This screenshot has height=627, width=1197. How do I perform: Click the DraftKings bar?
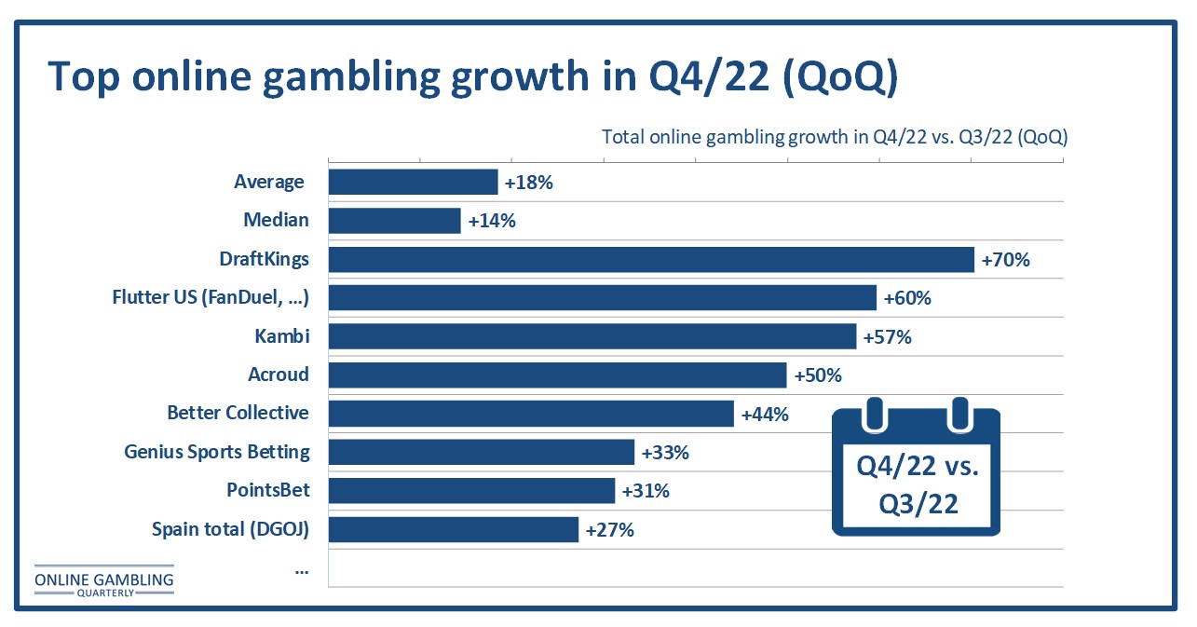[651, 259]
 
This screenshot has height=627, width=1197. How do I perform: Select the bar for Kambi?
[592, 336]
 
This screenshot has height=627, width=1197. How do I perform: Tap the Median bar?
[395, 221]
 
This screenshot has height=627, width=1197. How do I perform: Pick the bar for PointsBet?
[472, 490]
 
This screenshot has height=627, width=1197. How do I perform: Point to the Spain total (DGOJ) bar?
[454, 529]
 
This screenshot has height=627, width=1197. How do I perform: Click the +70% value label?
[1006, 260]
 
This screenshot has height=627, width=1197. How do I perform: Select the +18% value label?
[529, 183]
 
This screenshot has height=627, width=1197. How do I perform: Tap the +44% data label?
[765, 415]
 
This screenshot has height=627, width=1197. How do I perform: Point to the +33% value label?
[665, 454]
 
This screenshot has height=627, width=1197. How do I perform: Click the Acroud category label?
[278, 375]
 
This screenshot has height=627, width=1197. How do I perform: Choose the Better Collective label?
[238, 413]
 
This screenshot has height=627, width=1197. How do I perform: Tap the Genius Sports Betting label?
[217, 452]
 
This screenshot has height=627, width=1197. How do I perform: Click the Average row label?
[269, 182]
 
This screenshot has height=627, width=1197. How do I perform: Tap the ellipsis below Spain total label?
[301, 570]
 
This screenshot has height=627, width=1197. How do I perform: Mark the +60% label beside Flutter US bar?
[907, 298]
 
